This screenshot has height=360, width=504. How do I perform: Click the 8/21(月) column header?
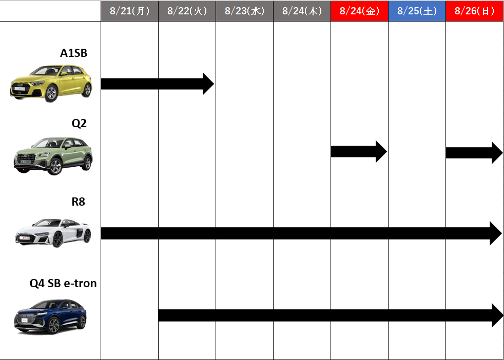point(129,11)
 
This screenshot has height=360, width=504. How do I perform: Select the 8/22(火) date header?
point(187,11)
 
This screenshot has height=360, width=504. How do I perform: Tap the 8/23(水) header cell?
point(245,11)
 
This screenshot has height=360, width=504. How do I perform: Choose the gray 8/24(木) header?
point(302,11)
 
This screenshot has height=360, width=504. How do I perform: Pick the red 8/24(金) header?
point(360,11)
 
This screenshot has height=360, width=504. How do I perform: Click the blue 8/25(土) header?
point(417,11)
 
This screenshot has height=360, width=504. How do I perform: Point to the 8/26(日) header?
point(474,11)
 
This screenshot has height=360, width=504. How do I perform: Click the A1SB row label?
point(73,53)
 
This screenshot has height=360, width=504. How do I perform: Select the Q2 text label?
point(79,123)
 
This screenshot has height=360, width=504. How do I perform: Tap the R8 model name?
point(79,202)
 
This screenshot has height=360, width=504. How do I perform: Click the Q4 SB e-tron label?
point(63,283)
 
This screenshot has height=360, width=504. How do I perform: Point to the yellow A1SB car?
point(51,83)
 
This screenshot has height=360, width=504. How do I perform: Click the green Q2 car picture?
point(53,156)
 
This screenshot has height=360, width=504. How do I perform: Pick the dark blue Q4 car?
point(50,316)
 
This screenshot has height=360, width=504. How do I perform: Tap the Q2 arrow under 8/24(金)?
point(359,152)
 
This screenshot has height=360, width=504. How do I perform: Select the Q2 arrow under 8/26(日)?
point(474,152)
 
